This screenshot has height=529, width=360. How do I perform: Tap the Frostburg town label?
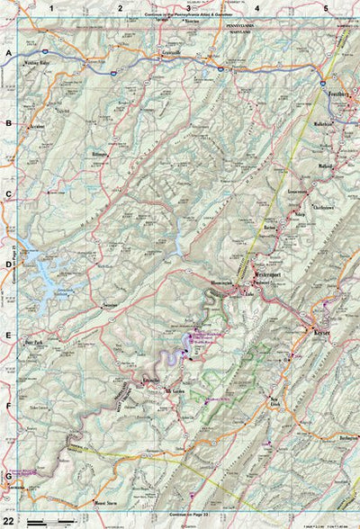(x=338, y=94)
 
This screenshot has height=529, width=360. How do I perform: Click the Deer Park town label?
(x=34, y=343)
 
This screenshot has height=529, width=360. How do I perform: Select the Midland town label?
(x=326, y=167)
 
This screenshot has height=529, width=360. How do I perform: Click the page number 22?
(x=9, y=520)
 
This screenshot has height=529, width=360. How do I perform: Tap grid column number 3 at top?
(x=187, y=8)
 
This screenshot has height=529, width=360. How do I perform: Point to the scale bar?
(x=49, y=521)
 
